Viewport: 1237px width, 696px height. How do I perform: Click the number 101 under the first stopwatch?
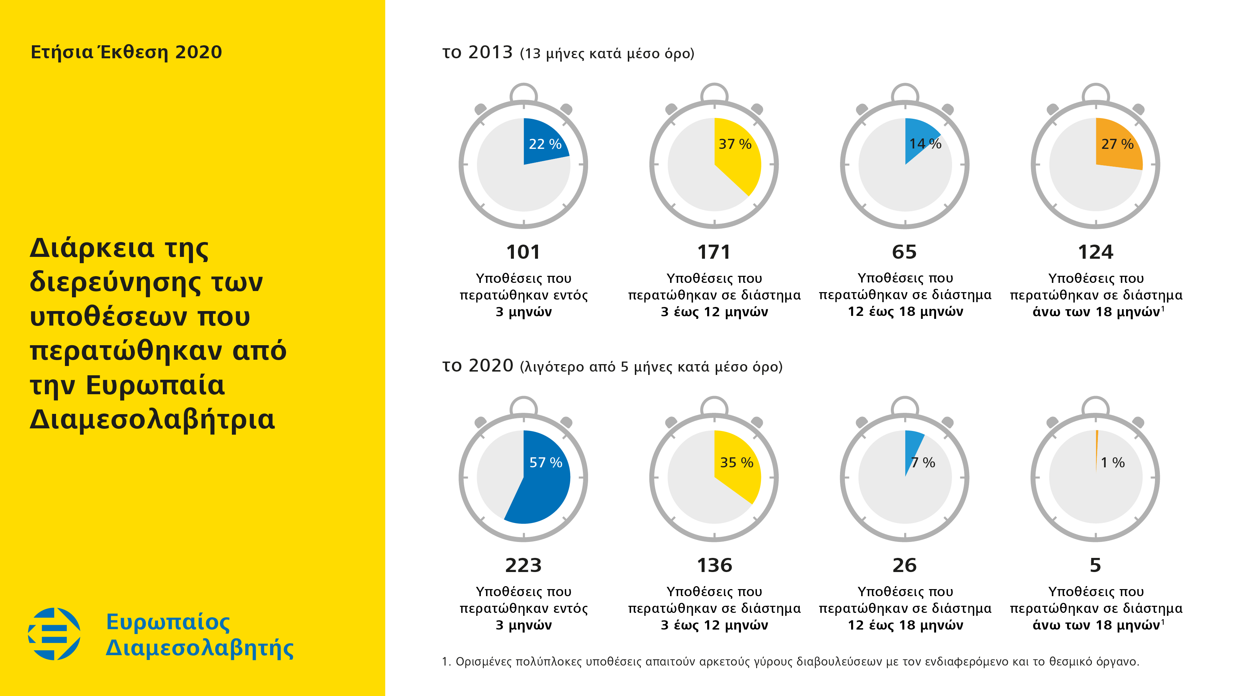pyautogui.click(x=523, y=252)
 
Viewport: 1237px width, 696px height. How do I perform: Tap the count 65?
pyautogui.click(x=904, y=252)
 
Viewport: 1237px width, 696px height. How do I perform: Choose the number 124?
pyautogui.click(x=1095, y=252)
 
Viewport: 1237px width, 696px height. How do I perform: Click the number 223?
pyautogui.click(x=523, y=565)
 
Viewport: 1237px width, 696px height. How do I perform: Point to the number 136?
pyautogui.click(x=714, y=565)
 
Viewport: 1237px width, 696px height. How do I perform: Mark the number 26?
pyautogui.click(x=904, y=565)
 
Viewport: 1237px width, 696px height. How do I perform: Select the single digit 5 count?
pyautogui.click(x=1095, y=565)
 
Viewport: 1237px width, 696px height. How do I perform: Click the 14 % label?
pyautogui.click(x=925, y=144)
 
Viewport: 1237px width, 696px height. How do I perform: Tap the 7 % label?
pyautogui.click(x=923, y=463)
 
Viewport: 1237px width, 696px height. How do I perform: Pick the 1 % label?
pyautogui.click(x=1113, y=463)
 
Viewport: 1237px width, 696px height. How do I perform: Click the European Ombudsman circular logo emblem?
pyautogui.click(x=54, y=634)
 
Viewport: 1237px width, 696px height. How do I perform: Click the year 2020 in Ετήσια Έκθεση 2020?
pyautogui.click(x=198, y=52)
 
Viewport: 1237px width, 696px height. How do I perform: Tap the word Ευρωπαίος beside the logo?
pyautogui.click(x=168, y=622)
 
